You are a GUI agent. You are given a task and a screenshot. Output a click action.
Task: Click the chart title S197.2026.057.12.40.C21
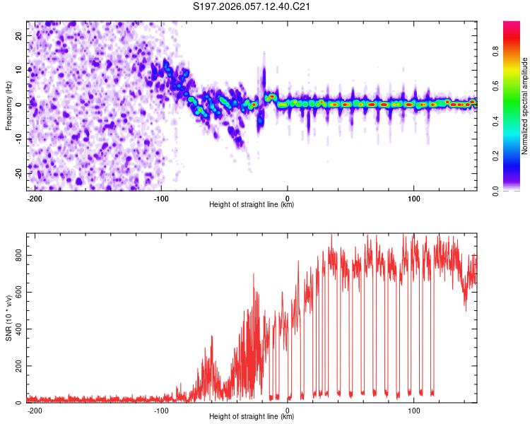(x=252, y=7)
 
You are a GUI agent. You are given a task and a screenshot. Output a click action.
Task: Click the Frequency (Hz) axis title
(x=8, y=105)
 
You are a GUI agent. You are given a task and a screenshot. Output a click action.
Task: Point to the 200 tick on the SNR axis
(x=18, y=366)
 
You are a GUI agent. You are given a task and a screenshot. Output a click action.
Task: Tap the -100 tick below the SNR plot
(x=161, y=410)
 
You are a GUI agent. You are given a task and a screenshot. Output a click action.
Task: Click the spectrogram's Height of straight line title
(x=252, y=205)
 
